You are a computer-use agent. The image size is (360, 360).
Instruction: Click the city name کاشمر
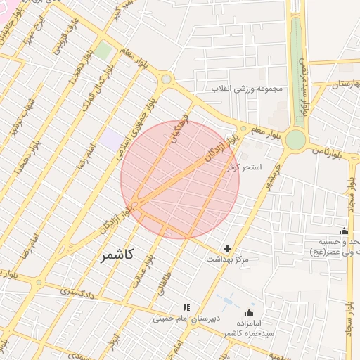pos(117,255)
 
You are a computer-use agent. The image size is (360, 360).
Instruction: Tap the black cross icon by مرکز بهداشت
pos(227,248)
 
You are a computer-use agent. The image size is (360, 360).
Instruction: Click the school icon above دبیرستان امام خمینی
pos(186,307)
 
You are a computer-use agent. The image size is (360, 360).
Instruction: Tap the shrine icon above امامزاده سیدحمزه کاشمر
pos(248,313)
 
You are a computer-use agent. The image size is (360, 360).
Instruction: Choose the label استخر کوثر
pos(245,168)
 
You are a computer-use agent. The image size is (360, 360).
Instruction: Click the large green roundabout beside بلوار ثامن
pos(295,140)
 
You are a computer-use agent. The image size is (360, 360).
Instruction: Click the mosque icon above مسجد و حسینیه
pos(344,231)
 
